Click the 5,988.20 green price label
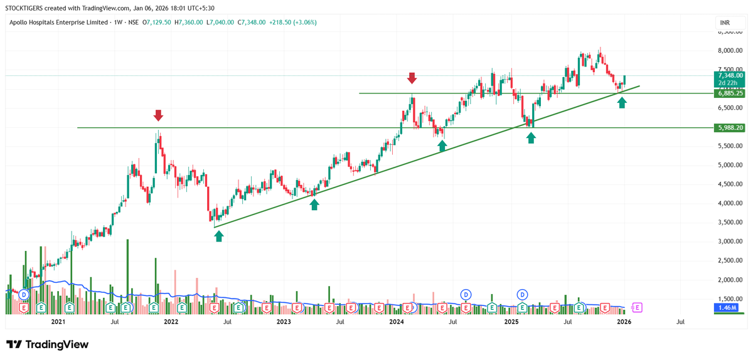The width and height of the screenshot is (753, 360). tap(729, 128)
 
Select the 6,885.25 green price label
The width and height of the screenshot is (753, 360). tap(729, 93)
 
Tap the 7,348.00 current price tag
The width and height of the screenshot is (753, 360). tap(729, 75)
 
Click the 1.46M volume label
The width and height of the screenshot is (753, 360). tap(727, 307)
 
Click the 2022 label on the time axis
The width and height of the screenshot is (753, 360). tap(171, 322)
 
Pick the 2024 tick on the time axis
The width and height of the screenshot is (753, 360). tap(397, 322)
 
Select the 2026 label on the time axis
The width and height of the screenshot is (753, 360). tap(624, 322)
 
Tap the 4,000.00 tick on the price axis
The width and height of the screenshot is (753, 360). tap(730, 203)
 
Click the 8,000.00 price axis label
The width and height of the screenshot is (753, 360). tap(730, 50)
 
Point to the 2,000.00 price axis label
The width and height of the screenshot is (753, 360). tap(730, 280)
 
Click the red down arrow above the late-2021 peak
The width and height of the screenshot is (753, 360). tap(158, 115)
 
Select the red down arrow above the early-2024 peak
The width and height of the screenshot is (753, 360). tap(412, 78)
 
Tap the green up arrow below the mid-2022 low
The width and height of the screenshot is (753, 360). tap(219, 236)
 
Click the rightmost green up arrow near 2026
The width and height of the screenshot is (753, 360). tap(622, 103)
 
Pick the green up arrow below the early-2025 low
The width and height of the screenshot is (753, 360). tap(531, 138)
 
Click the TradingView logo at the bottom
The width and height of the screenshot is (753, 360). tap(48, 344)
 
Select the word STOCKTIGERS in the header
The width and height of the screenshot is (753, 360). tap(24, 8)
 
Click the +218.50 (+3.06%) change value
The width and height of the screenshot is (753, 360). tap(293, 23)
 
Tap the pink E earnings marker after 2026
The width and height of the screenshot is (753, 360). tap(637, 307)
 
